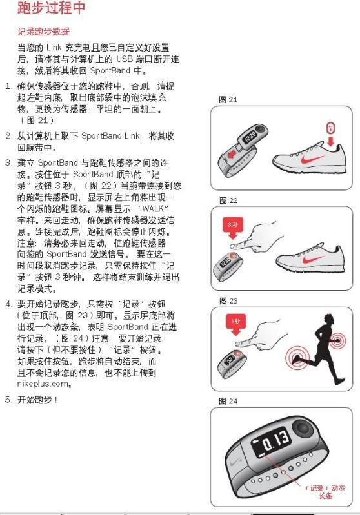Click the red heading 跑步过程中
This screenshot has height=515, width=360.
[51, 8]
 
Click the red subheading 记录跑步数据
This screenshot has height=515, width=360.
[43, 32]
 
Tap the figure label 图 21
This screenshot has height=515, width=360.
[228, 99]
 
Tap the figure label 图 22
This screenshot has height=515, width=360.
[228, 200]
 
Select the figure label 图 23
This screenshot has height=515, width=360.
[228, 301]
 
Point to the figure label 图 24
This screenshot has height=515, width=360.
[228, 401]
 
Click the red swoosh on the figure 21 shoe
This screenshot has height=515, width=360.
[312, 160]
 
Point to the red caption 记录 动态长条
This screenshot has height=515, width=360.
[325, 492]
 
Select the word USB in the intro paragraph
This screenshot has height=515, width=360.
[125, 59]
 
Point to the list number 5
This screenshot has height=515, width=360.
[8, 400]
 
